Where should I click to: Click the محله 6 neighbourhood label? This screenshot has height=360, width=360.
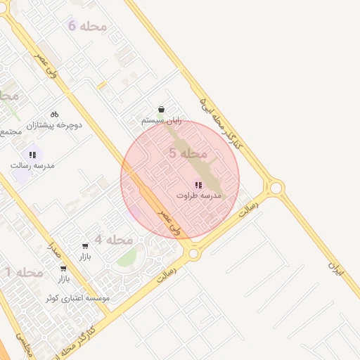pyautogui.click(x=87, y=26)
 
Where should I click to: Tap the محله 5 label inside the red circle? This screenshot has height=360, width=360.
pyautogui.click(x=188, y=153)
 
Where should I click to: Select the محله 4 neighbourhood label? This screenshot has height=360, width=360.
pyautogui.click(x=114, y=240)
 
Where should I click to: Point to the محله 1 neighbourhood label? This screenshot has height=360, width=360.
pyautogui.click(x=25, y=272)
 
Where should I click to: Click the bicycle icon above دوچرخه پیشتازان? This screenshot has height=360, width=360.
pyautogui.click(x=54, y=114)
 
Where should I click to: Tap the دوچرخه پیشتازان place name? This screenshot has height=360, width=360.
pyautogui.click(x=54, y=125)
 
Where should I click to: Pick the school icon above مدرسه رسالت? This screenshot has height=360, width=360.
pyautogui.click(x=32, y=154)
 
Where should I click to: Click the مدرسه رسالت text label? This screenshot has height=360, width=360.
pyautogui.click(x=32, y=165)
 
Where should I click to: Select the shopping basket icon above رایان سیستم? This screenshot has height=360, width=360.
pyautogui.click(x=162, y=110)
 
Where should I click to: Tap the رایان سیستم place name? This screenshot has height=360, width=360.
pyautogui.click(x=162, y=121)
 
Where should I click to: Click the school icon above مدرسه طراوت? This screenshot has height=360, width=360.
pyautogui.click(x=198, y=184)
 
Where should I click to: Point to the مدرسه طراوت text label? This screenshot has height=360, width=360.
pyautogui.click(x=198, y=195)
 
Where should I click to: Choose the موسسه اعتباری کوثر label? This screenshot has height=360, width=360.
pyautogui.click(x=77, y=299)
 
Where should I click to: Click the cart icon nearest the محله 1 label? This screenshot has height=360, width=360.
pyautogui.click(x=63, y=268)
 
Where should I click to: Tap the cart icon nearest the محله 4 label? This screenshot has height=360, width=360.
pyautogui.click(x=85, y=245)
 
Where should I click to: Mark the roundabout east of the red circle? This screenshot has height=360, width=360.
pyautogui.click(x=275, y=188)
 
